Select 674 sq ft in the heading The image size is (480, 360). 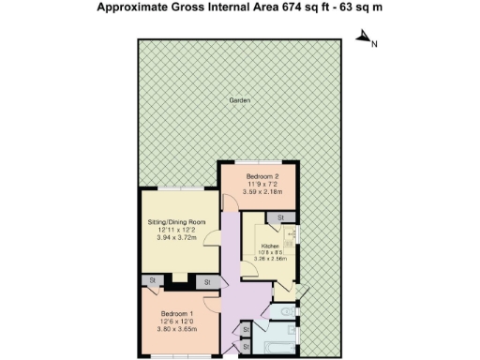(324, 8)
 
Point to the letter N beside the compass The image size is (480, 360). (374, 43)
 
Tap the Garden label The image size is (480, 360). (239, 101)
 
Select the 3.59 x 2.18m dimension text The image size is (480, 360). (263, 192)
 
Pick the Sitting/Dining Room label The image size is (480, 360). (176, 221)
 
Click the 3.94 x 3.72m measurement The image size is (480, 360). (176, 237)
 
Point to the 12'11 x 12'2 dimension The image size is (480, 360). (176, 230)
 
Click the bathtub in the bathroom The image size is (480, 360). (279, 346)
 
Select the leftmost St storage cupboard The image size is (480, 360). (150, 280)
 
